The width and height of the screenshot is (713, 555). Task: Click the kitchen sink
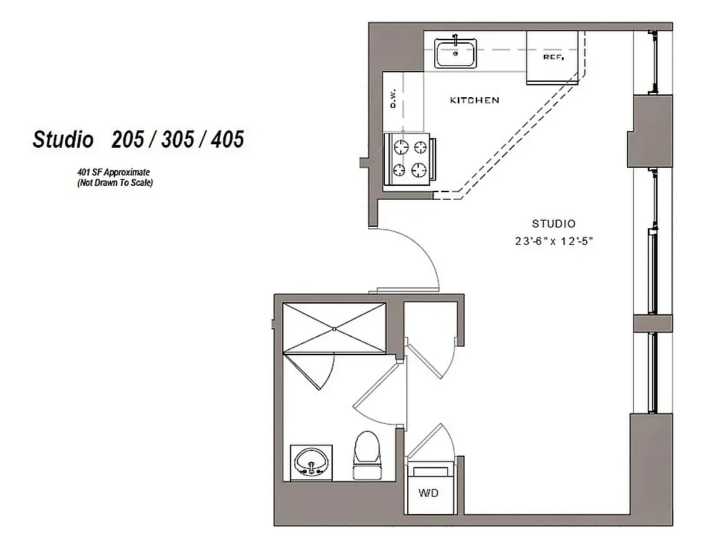coord(456,53)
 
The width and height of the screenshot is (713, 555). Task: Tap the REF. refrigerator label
coord(553,58)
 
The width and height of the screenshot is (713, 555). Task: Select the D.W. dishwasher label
coord(393,99)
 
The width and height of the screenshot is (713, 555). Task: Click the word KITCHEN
coord(474,101)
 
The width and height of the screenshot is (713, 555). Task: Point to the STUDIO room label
coord(553,223)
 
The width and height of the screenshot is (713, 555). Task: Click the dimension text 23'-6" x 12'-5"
coord(553,241)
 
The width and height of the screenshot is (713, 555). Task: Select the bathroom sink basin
coord(311,461)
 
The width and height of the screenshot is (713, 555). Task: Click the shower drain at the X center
coord(334,328)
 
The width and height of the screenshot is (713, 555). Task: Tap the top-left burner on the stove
coord(401,146)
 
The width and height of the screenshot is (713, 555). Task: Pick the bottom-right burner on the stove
coord(419,169)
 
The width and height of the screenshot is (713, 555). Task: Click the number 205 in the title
coord(128,139)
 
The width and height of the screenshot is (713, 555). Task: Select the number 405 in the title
coord(227,139)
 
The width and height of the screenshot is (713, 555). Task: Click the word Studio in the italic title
coord(63,139)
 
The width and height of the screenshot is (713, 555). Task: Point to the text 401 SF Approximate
coord(114,171)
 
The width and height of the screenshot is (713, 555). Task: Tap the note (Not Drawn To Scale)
coord(114,183)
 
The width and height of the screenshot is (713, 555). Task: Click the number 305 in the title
coord(178,139)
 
